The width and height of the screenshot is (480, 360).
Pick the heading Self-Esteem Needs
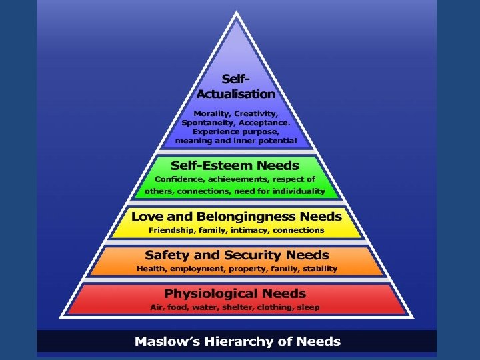coord(235,165)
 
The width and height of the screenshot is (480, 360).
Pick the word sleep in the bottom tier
coord(307,307)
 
